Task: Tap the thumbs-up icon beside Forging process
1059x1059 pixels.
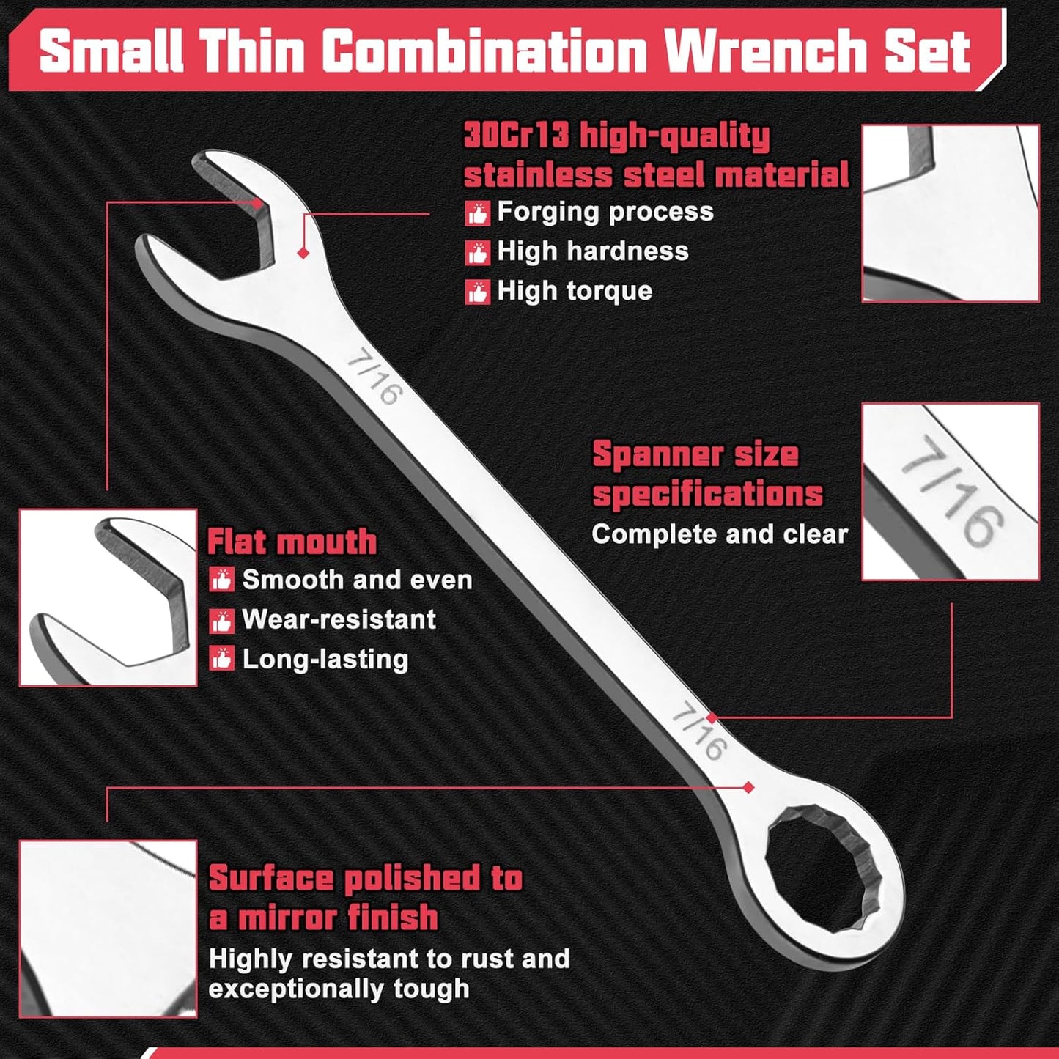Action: coord(477,213)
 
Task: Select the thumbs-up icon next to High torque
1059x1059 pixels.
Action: coord(477,292)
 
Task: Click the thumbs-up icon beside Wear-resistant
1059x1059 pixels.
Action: coord(221,621)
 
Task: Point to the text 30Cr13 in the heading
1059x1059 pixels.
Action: coord(516,136)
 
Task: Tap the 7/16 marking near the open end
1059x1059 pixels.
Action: coord(375,379)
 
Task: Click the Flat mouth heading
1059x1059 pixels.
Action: coord(292,542)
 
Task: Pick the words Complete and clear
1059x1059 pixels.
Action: coord(720,534)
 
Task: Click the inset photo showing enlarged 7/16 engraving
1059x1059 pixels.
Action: coord(951,491)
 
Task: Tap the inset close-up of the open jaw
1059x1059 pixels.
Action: coord(108,597)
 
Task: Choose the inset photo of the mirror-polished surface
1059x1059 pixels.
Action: coord(108,929)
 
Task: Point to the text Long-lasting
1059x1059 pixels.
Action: coord(325,660)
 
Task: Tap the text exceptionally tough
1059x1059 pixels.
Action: coord(339,989)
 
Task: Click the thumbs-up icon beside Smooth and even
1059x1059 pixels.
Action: coord(221,581)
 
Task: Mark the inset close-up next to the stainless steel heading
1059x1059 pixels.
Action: coord(951,213)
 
